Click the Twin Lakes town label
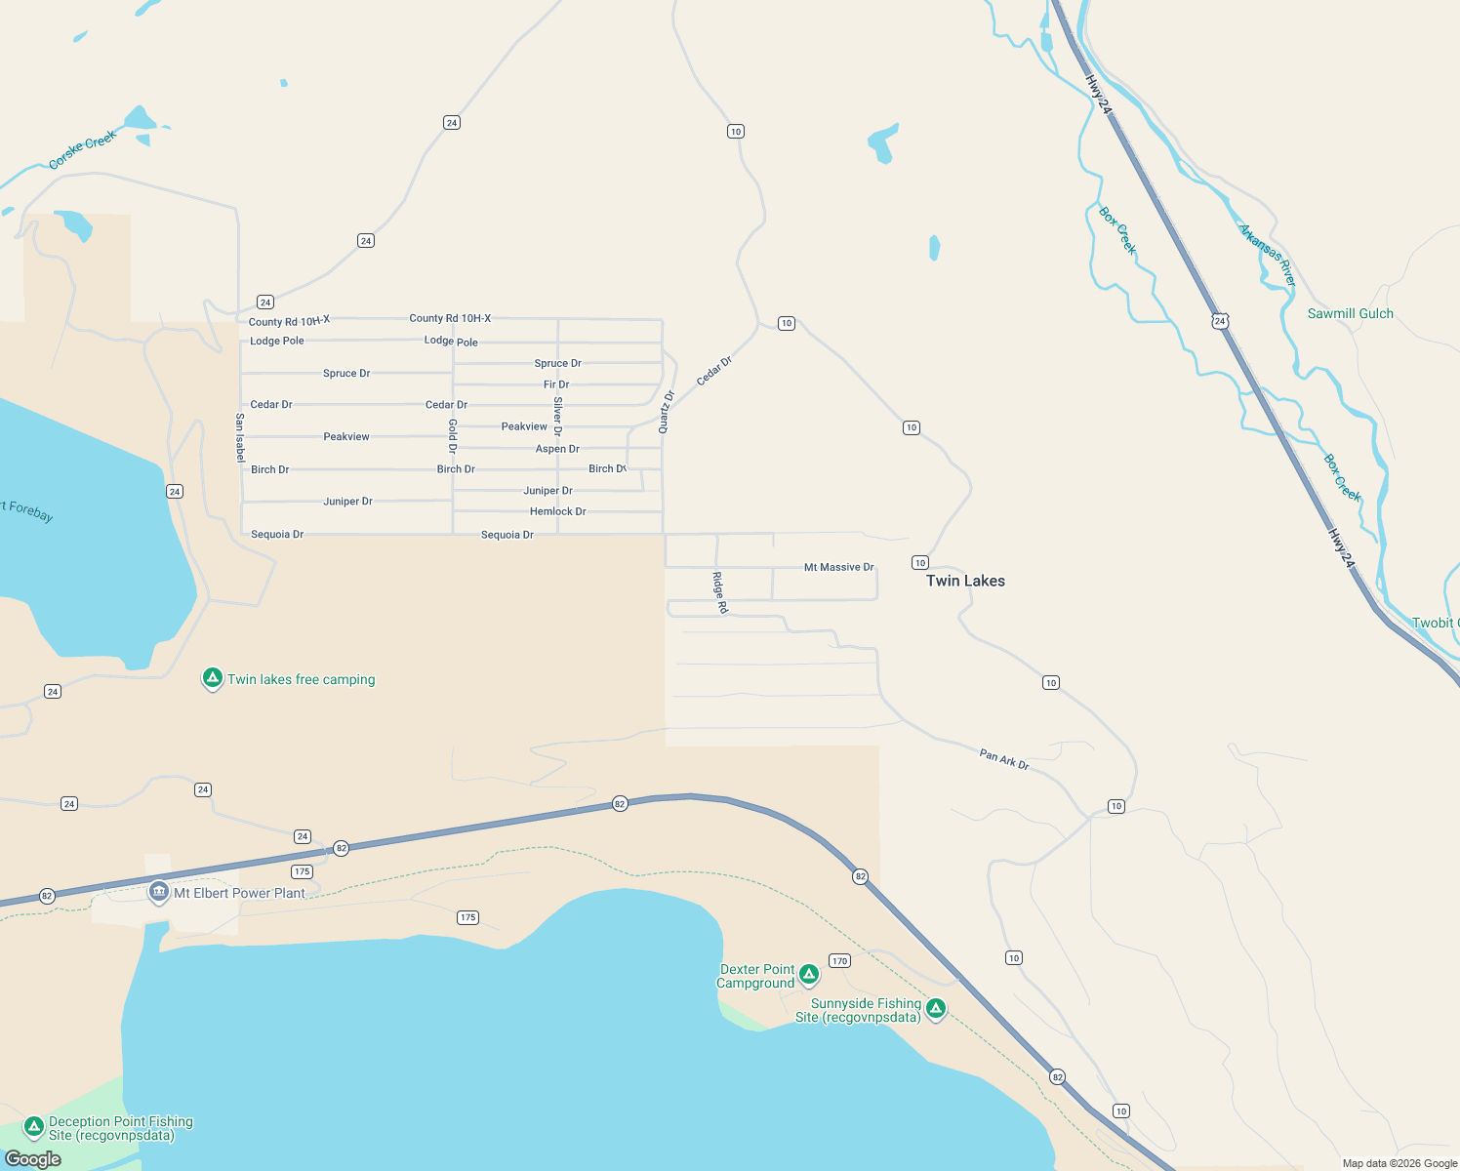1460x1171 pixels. click(965, 581)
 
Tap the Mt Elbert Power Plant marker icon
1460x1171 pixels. click(159, 892)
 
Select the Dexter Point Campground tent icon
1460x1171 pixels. click(809, 974)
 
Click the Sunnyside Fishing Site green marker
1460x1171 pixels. click(936, 1008)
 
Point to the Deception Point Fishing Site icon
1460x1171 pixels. click(34, 1127)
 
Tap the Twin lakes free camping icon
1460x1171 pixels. click(213, 678)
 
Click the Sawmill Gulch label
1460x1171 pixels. click(1351, 313)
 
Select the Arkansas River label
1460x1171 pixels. click(1268, 255)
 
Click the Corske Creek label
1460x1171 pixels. click(83, 149)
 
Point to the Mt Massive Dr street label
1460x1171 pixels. click(839, 567)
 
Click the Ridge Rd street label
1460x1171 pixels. click(720, 592)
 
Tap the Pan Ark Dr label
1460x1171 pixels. click(1004, 759)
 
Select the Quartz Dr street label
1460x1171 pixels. click(667, 412)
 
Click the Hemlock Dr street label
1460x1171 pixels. click(558, 511)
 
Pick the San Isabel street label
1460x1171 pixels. click(240, 437)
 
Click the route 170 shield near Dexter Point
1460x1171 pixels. click(839, 961)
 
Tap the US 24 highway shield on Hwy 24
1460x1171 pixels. click(1220, 321)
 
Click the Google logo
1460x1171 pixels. click(33, 1159)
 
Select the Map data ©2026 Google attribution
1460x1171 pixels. click(1399, 1163)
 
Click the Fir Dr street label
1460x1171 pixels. click(556, 384)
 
